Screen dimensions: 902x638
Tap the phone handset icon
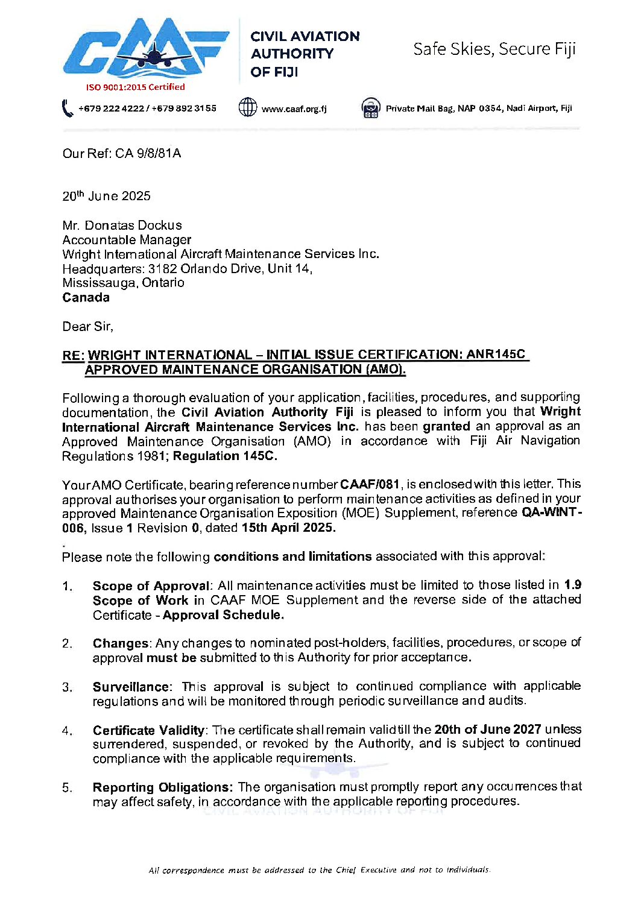point(67,109)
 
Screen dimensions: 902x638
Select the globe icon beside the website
point(247,107)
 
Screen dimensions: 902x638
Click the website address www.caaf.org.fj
point(294,109)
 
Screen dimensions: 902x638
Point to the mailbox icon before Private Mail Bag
point(370,108)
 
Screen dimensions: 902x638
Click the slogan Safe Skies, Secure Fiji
point(494,49)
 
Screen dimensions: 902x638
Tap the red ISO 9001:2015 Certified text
point(135,87)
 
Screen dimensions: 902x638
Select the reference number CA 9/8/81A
point(148,153)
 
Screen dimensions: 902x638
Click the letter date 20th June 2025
point(106,196)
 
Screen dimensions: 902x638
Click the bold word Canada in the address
point(86,297)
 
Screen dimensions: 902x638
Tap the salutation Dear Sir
point(87,326)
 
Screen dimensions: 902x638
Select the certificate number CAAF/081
point(370,484)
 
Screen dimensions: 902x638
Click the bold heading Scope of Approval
point(151,585)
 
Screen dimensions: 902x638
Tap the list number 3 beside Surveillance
point(67,687)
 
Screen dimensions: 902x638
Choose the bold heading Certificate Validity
point(148,730)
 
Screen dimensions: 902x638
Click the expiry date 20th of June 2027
point(487,729)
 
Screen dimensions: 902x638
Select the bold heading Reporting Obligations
point(162,787)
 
